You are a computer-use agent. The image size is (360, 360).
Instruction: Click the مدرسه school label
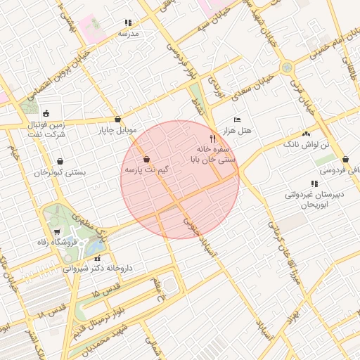point(128,34)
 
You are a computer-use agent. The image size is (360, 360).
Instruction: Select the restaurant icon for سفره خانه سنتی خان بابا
point(212,139)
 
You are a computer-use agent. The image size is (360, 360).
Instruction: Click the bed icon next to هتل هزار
point(237,120)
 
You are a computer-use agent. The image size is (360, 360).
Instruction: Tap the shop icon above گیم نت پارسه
point(146,160)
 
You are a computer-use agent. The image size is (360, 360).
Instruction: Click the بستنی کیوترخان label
point(60,172)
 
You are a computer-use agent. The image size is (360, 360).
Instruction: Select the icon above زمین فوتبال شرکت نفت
point(46,113)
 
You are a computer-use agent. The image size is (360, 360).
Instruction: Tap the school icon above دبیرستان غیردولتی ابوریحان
point(314,184)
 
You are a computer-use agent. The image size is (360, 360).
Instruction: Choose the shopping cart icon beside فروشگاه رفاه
point(57,232)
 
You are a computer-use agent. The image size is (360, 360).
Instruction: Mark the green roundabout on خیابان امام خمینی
point(286,67)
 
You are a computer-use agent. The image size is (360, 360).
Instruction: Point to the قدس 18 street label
point(51,310)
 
